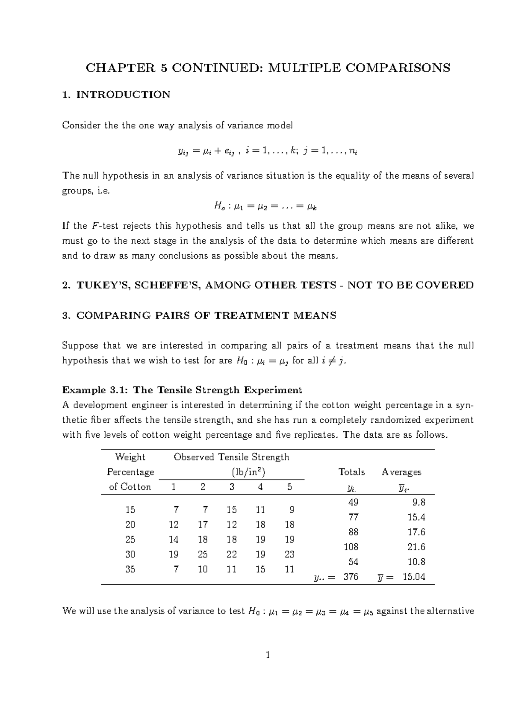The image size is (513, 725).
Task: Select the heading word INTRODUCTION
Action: (x=123, y=94)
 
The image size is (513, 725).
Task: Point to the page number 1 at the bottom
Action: (x=268, y=655)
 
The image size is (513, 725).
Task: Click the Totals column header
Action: (x=351, y=472)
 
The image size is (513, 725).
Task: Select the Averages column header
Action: (x=401, y=472)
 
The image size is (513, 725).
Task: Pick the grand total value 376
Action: (x=351, y=577)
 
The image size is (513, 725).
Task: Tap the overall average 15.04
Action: (x=414, y=577)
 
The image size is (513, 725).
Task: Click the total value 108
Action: (x=351, y=547)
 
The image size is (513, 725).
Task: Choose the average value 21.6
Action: (x=416, y=547)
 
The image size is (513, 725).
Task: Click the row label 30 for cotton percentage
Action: (x=130, y=554)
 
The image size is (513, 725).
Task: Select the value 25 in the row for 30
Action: (x=203, y=554)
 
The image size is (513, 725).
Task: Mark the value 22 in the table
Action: (x=231, y=554)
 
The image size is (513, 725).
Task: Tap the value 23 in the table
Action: (x=289, y=554)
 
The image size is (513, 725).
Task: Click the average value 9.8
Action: (x=419, y=502)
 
